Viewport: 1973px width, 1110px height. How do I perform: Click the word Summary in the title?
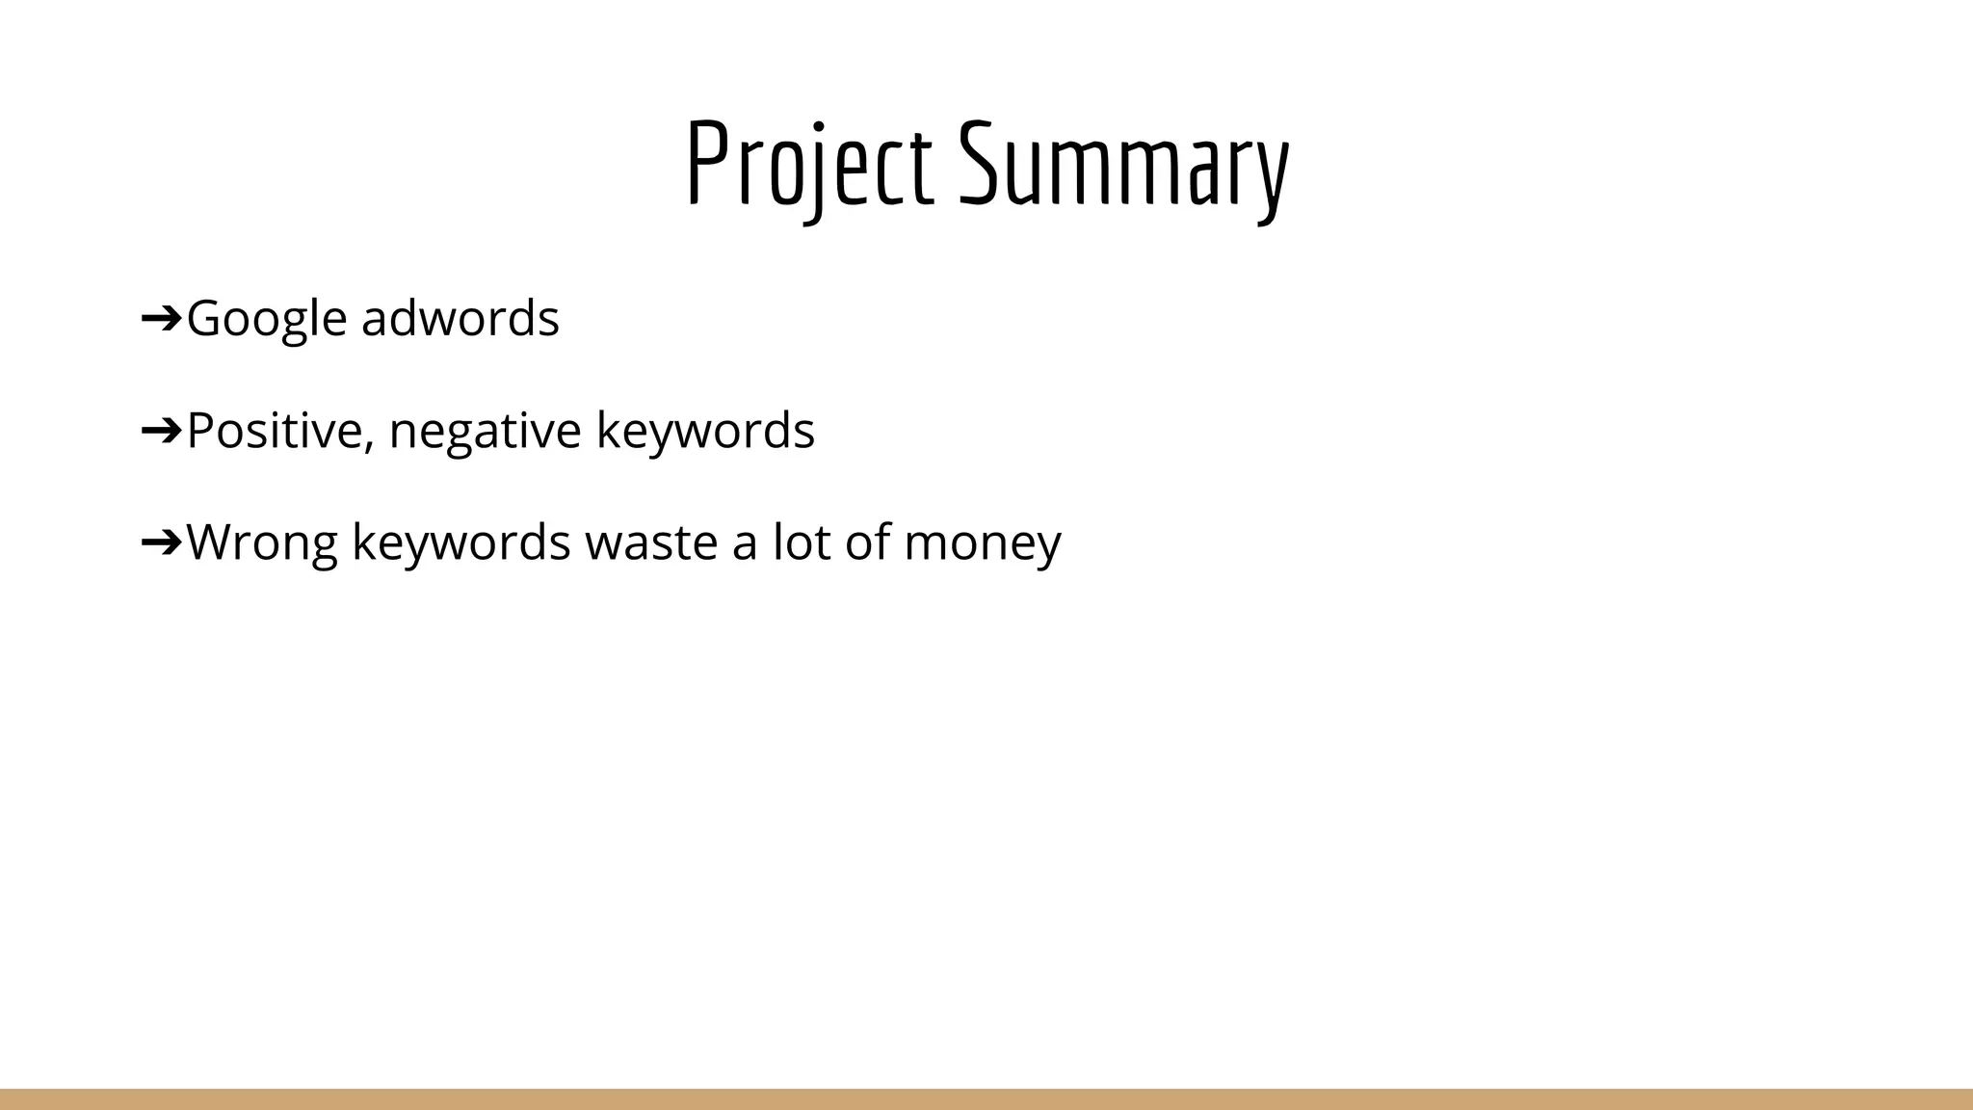pos(1123,164)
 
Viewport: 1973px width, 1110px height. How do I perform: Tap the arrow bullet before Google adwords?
pos(161,317)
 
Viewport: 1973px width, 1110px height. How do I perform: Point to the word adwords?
pos(460,318)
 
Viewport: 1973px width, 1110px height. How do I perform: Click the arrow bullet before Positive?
pos(161,429)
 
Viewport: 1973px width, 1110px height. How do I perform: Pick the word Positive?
pos(274,430)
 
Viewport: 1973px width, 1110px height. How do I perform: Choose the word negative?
pos(485,431)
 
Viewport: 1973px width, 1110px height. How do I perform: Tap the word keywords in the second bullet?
pos(705,431)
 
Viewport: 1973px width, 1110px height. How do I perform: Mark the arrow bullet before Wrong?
pos(161,541)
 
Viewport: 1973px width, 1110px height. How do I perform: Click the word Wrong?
pos(261,542)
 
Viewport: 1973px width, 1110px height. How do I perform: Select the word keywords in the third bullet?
pos(460,542)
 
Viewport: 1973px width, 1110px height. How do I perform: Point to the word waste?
pos(651,542)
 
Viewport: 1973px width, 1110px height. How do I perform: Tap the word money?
pos(982,542)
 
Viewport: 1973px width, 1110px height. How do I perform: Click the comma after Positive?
pos(369,445)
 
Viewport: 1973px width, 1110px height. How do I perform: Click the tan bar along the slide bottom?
pos(986,1099)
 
